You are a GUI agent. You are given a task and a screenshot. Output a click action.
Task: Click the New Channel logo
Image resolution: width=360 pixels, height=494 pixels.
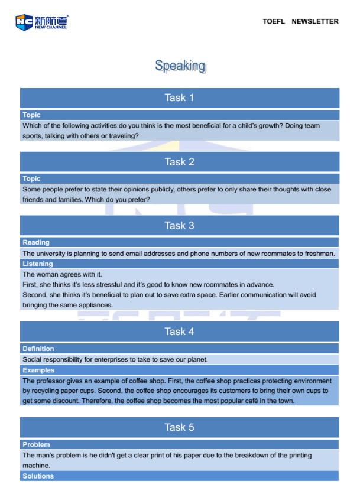click(42, 22)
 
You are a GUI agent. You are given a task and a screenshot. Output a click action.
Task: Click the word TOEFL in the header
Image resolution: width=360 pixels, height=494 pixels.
click(274, 21)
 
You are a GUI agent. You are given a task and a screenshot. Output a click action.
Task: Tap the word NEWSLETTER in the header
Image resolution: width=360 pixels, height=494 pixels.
click(315, 21)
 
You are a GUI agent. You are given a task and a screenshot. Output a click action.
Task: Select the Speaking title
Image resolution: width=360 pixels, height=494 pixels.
click(180, 66)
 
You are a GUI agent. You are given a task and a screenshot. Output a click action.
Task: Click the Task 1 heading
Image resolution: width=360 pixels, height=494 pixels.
click(179, 97)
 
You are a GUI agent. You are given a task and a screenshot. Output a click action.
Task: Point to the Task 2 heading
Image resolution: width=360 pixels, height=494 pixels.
click(179, 161)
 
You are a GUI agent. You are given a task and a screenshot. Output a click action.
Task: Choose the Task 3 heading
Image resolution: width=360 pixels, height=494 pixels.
click(179, 225)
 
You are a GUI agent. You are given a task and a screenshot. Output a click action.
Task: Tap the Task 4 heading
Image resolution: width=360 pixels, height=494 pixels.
click(179, 331)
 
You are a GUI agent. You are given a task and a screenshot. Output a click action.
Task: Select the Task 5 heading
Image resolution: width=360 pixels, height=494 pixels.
click(179, 427)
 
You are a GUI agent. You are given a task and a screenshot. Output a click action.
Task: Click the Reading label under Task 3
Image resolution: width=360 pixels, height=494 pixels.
click(36, 242)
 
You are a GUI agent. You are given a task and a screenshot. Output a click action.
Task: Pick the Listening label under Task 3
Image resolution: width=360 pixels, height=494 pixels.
click(38, 264)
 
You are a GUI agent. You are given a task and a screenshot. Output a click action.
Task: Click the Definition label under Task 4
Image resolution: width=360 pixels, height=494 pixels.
click(38, 349)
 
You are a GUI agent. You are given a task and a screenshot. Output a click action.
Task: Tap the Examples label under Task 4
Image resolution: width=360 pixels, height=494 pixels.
click(38, 370)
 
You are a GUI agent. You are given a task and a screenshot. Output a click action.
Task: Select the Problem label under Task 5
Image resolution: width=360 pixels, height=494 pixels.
click(36, 444)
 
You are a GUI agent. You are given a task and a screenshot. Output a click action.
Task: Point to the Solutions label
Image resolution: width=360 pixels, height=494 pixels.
click(38, 476)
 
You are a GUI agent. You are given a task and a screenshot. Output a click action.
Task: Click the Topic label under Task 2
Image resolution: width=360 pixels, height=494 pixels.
click(31, 178)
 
